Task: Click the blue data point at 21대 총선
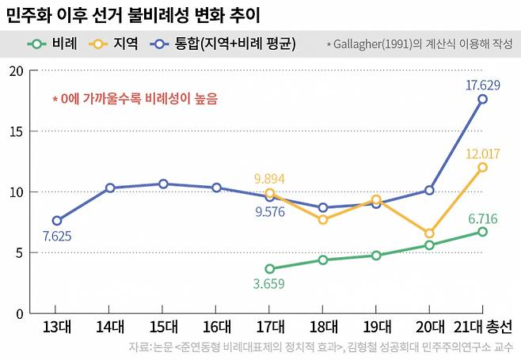(482, 99)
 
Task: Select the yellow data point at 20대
(429, 233)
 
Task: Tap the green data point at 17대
(270, 269)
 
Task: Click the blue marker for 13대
(56, 221)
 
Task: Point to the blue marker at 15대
(163, 184)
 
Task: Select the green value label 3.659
(269, 284)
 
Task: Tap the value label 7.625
(56, 236)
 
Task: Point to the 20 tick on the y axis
(16, 70)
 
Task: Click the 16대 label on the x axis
(216, 327)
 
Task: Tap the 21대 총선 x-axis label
(482, 327)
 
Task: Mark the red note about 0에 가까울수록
(135, 100)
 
